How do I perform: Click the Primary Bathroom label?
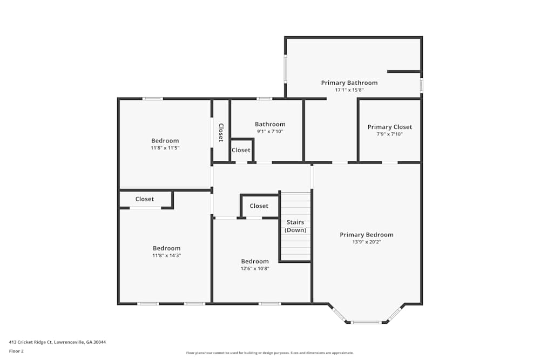pos(349,83)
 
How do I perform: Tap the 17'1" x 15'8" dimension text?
pos(349,90)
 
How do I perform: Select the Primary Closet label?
pos(389,127)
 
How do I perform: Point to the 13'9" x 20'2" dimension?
pos(366,242)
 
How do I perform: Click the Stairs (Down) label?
pos(295,226)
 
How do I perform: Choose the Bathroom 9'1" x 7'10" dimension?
pos(270,131)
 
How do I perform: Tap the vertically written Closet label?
pos(221,133)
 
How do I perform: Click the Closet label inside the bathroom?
pos(241,150)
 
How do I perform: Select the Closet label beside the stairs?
pos(259,206)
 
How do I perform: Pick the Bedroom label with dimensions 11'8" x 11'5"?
pos(165,141)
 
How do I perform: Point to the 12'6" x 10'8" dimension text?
pos(255,268)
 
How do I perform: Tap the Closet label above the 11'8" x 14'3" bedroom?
pos(144,199)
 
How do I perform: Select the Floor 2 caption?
pos(16,351)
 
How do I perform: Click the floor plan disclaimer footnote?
pos(270,353)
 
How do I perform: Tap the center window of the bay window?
pos(366,322)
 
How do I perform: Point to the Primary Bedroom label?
pos(366,235)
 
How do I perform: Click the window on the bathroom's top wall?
pos(264,99)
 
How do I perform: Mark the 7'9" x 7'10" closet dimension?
pos(389,134)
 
